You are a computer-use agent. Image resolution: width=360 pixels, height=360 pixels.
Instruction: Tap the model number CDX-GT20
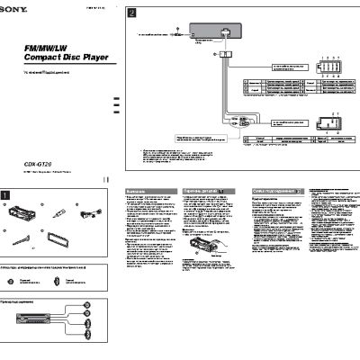click(39, 165)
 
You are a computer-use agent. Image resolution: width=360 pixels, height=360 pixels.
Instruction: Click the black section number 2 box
click(131, 14)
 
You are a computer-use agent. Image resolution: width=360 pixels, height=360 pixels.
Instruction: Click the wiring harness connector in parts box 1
click(90, 212)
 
